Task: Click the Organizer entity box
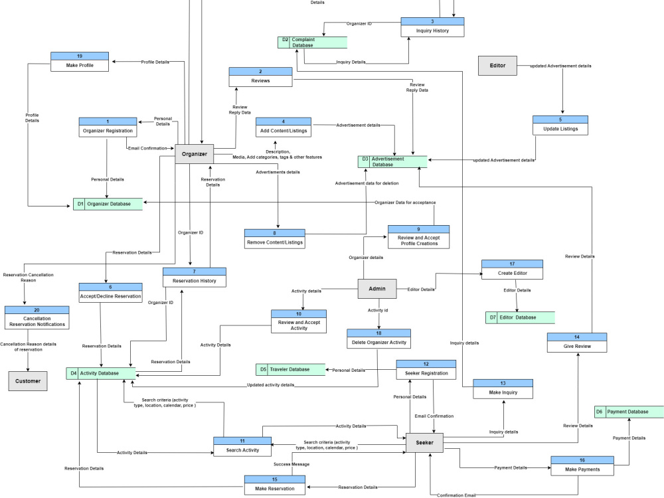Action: click(195, 154)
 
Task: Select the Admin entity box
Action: click(377, 288)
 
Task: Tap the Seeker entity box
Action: click(424, 443)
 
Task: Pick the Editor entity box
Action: click(497, 66)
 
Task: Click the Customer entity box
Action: click(28, 381)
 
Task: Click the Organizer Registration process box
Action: click(108, 127)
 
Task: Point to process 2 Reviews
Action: click(260, 76)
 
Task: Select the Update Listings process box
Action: click(560, 125)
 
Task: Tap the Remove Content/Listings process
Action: click(274, 238)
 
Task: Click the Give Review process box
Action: click(576, 342)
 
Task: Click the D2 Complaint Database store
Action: click(312, 42)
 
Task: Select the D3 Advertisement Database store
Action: click(392, 161)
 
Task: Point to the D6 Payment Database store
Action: click(628, 412)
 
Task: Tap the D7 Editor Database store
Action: click(520, 317)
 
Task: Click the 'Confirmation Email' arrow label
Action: click(456, 495)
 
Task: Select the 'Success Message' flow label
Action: click(291, 464)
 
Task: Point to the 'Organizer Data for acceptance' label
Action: click(404, 202)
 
